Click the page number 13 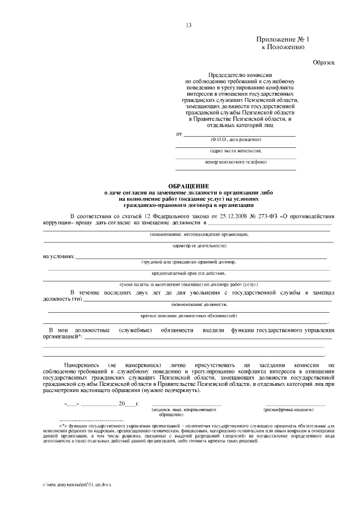[x=188, y=25]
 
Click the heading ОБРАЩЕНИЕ [x=188, y=186]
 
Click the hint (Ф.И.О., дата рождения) [x=236, y=139]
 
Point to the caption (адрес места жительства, [x=236, y=151]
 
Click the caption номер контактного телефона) [x=236, y=162]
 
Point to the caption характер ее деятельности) [x=188, y=246]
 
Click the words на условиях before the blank [x=58, y=256]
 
